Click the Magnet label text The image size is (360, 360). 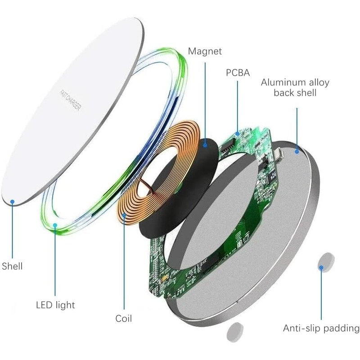click(x=205, y=51)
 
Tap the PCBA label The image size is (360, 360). click(x=238, y=72)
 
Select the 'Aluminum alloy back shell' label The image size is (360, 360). click(x=295, y=87)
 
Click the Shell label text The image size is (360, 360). click(x=12, y=266)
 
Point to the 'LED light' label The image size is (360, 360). click(x=55, y=305)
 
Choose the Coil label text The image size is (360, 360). click(x=123, y=319)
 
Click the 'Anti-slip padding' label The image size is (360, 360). click(x=321, y=328)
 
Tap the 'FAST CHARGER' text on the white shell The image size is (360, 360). click(x=70, y=100)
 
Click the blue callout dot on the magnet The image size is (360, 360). click(x=205, y=145)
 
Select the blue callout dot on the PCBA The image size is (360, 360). click(x=238, y=134)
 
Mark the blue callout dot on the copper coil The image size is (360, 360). click(x=124, y=216)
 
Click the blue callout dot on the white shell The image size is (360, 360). click(x=12, y=202)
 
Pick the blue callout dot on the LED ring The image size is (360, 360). click(x=55, y=225)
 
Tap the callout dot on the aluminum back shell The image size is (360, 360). click(x=297, y=152)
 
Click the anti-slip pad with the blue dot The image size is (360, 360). click(x=326, y=262)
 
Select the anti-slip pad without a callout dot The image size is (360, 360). click(x=235, y=332)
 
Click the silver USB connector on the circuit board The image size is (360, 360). click(x=278, y=153)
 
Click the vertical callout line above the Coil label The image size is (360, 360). click(x=124, y=262)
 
